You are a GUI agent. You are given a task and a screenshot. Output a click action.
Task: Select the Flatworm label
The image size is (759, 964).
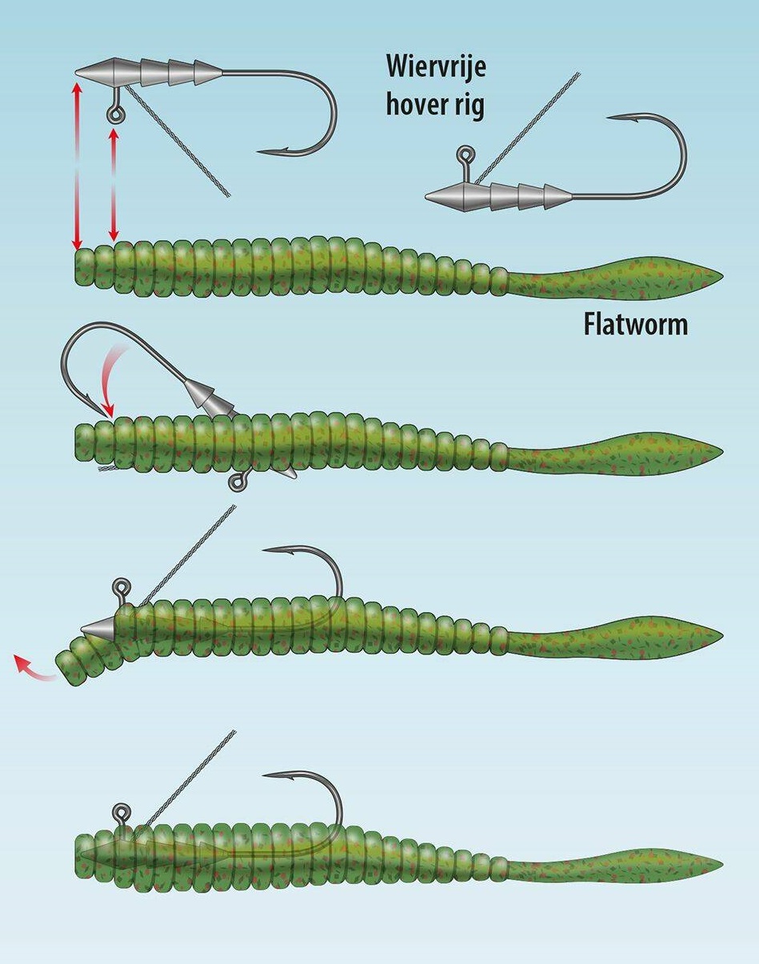pyautogui.click(x=636, y=325)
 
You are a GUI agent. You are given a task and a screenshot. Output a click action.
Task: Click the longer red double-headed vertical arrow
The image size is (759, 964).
pyautogui.click(x=78, y=160)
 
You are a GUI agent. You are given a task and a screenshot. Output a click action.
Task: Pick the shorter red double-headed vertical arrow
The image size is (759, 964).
pyautogui.click(x=113, y=184)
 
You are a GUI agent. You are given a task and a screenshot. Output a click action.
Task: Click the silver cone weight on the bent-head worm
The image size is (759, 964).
pyautogui.click(x=99, y=626)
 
